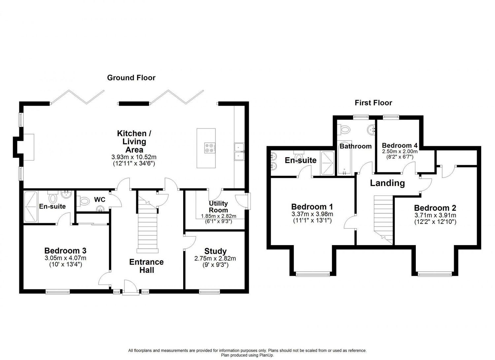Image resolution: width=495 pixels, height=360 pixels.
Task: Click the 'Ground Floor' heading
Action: [x=131, y=78]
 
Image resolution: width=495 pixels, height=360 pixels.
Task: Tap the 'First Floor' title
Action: [x=373, y=103]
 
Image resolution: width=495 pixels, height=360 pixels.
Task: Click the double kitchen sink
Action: [x=239, y=152]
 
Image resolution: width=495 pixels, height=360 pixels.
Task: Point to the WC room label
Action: [x=100, y=200]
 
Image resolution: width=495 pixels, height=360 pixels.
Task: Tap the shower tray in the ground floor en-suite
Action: [x=31, y=207]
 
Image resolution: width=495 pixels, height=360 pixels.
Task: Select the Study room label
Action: [x=215, y=251]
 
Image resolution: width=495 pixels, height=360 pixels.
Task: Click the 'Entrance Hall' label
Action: [x=147, y=266]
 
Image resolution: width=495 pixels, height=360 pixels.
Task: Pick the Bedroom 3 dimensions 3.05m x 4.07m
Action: [x=65, y=258]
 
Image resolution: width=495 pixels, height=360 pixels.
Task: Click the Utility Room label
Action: [x=218, y=206]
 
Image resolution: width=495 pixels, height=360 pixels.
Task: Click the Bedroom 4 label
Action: [x=400, y=146]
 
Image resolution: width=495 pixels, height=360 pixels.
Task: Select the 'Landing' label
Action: [x=387, y=183]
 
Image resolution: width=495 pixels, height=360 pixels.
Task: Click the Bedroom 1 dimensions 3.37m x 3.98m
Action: [x=312, y=214]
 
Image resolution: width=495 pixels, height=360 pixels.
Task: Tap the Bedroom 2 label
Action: [x=435, y=208]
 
